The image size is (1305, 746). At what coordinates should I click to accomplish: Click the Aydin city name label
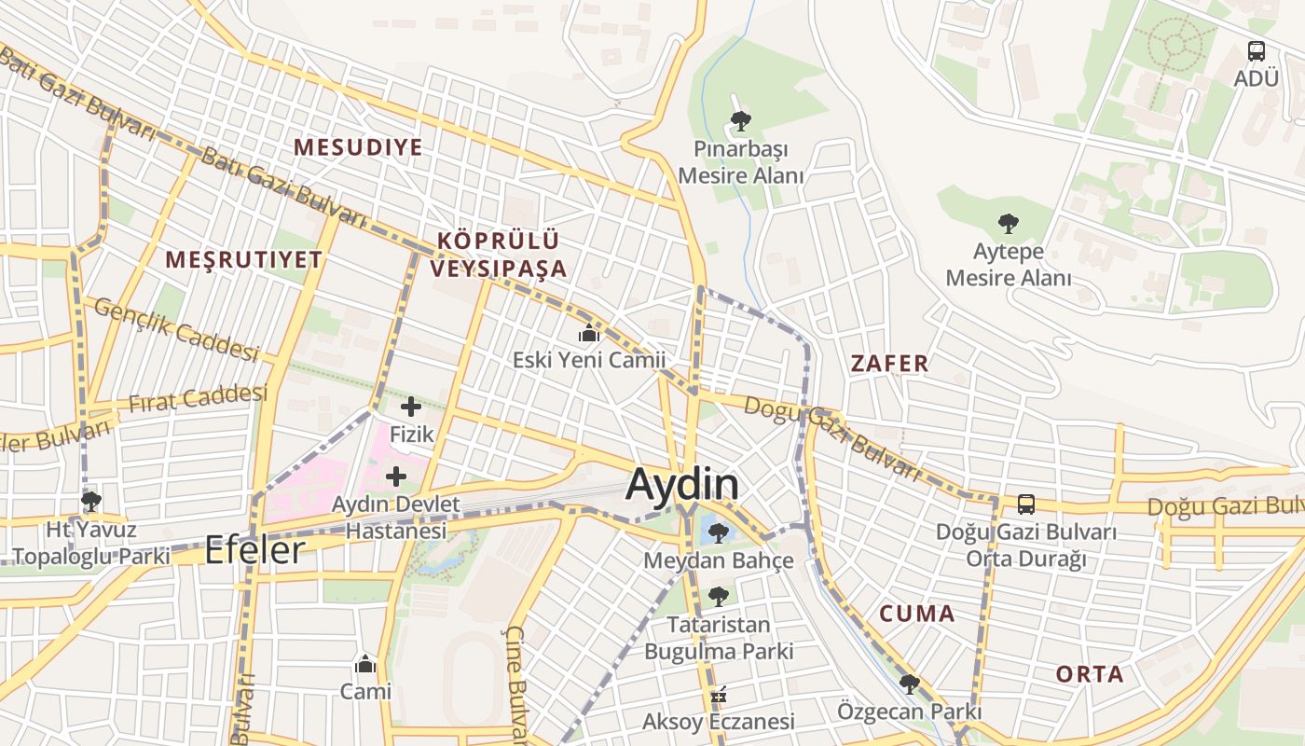click(682, 484)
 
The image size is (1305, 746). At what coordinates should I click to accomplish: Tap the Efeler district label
click(254, 549)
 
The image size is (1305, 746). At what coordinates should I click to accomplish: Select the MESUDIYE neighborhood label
click(358, 147)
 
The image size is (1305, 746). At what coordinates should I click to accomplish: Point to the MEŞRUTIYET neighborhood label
click(244, 260)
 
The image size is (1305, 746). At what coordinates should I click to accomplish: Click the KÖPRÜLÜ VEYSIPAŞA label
click(499, 255)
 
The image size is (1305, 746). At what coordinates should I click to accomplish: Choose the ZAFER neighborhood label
click(890, 364)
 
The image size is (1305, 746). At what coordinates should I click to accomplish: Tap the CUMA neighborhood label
click(918, 614)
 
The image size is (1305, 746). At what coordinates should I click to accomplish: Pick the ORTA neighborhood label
click(1090, 674)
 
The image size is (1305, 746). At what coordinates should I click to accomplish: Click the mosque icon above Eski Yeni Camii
click(589, 333)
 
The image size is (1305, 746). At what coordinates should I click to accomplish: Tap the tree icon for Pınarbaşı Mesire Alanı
click(741, 120)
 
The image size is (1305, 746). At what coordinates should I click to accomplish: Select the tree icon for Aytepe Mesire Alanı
click(1008, 224)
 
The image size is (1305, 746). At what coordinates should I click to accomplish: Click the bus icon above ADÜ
click(1257, 51)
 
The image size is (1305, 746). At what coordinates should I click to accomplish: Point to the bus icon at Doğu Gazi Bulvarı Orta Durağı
click(1026, 504)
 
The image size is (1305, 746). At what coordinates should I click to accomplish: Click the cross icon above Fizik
click(411, 407)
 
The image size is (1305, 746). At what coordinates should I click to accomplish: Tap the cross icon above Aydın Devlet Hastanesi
click(396, 477)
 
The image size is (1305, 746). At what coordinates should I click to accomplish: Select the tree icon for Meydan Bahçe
click(718, 533)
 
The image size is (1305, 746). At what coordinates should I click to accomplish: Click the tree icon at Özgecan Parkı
click(909, 684)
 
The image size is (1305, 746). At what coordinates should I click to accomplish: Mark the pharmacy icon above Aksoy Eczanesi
click(718, 695)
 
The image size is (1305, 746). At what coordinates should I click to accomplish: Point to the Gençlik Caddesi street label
click(176, 331)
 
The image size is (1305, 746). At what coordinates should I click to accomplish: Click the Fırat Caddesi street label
click(198, 399)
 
